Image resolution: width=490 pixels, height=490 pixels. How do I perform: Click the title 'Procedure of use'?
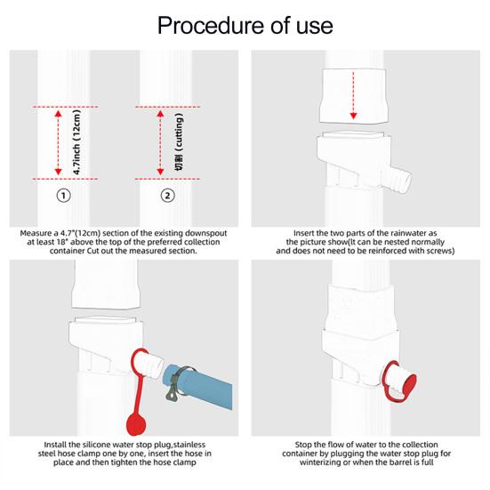[x=245, y=24]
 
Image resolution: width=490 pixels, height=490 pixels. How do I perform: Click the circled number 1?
[x=64, y=195]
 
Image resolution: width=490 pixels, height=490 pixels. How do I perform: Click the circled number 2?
[x=168, y=195]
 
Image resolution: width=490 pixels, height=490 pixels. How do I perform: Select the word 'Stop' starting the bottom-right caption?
[x=305, y=443]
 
